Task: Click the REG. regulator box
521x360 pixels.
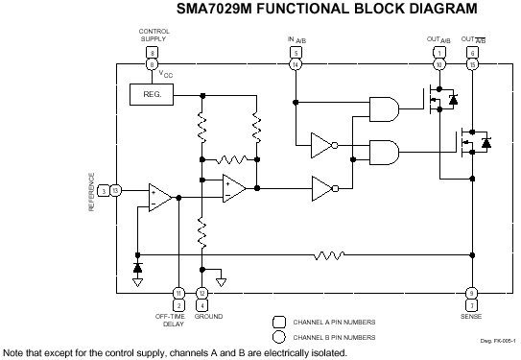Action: tap(151, 94)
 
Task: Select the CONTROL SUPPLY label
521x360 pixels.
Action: tap(154, 36)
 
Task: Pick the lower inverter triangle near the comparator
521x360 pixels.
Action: tap(322, 188)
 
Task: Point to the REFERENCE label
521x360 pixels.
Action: tap(93, 192)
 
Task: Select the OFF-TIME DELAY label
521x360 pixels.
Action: tap(178, 320)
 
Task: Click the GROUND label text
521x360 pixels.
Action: tap(208, 316)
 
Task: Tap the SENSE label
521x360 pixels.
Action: tap(471, 316)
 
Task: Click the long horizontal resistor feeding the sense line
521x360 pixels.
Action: tap(330, 255)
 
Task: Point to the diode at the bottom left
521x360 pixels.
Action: tap(138, 265)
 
